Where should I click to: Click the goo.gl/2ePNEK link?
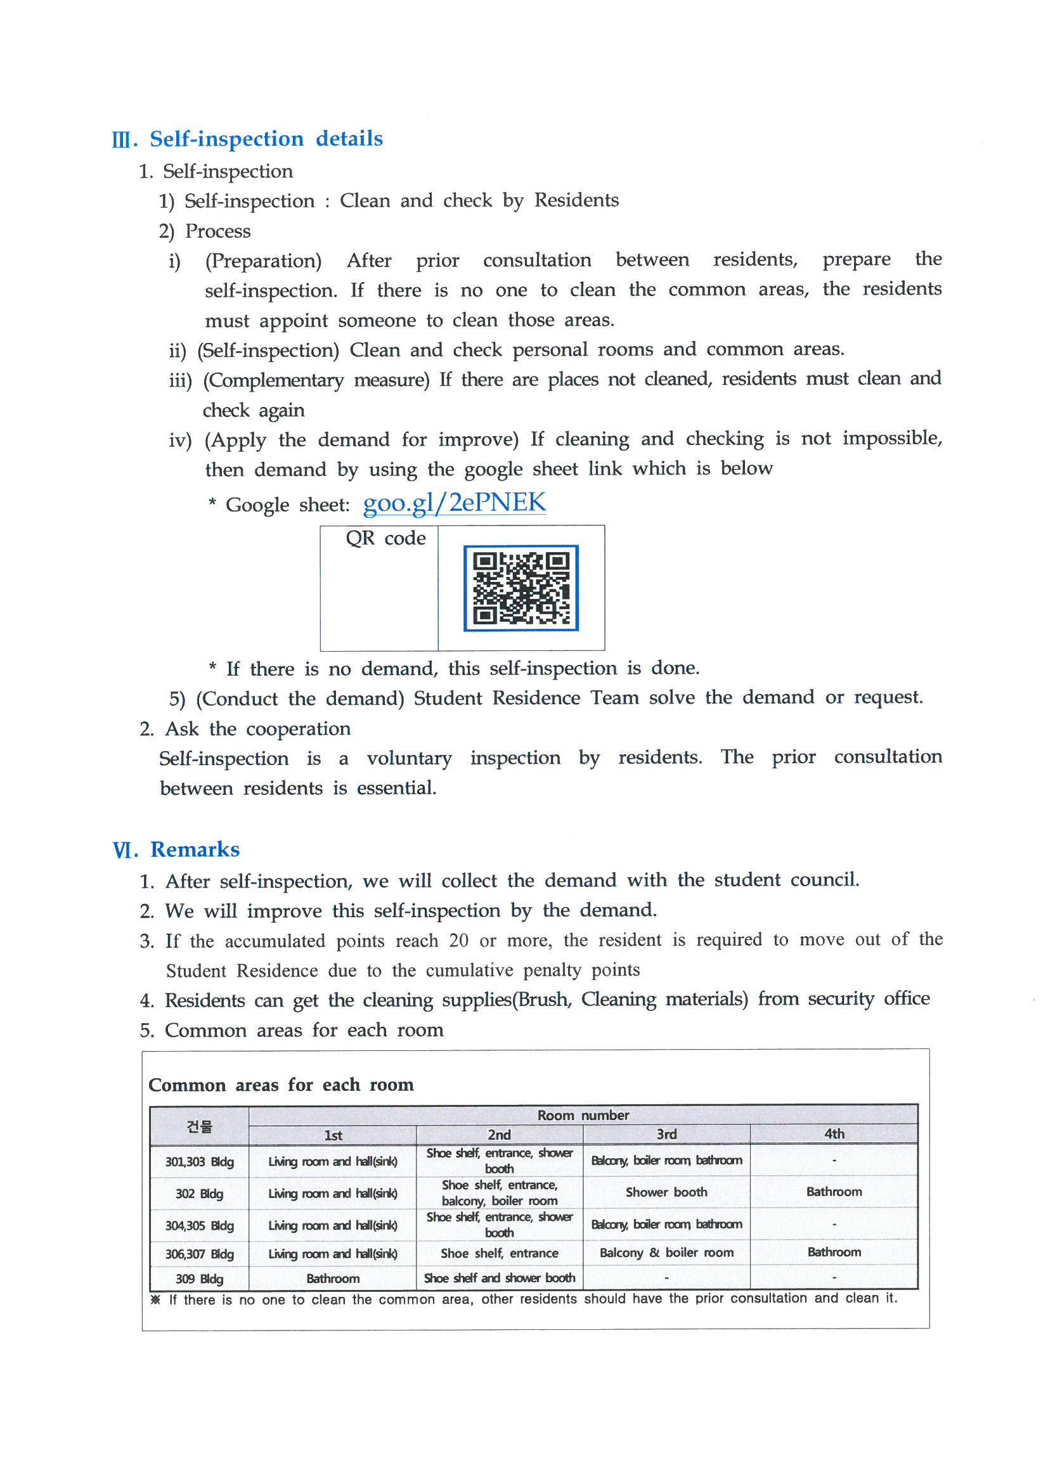454,503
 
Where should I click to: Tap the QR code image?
521,588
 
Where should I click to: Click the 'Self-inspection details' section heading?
266,139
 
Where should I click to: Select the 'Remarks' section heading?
195,849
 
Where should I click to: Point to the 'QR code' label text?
385,538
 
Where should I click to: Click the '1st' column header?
333,1135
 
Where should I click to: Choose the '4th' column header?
834,1133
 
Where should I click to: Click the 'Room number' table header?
583,1115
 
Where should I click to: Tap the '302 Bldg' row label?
199,1194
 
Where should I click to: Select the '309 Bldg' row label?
199,1279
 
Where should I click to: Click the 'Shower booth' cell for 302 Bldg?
666,1192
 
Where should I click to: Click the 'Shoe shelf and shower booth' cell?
499,1278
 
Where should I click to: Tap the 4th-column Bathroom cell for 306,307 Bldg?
834,1251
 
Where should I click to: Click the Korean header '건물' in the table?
199,1126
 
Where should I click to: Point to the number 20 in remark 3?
458,941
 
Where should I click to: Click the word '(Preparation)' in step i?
263,261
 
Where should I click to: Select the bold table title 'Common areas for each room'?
281,1085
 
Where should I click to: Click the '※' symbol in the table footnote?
155,1299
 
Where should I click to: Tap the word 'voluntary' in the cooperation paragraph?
409,757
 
